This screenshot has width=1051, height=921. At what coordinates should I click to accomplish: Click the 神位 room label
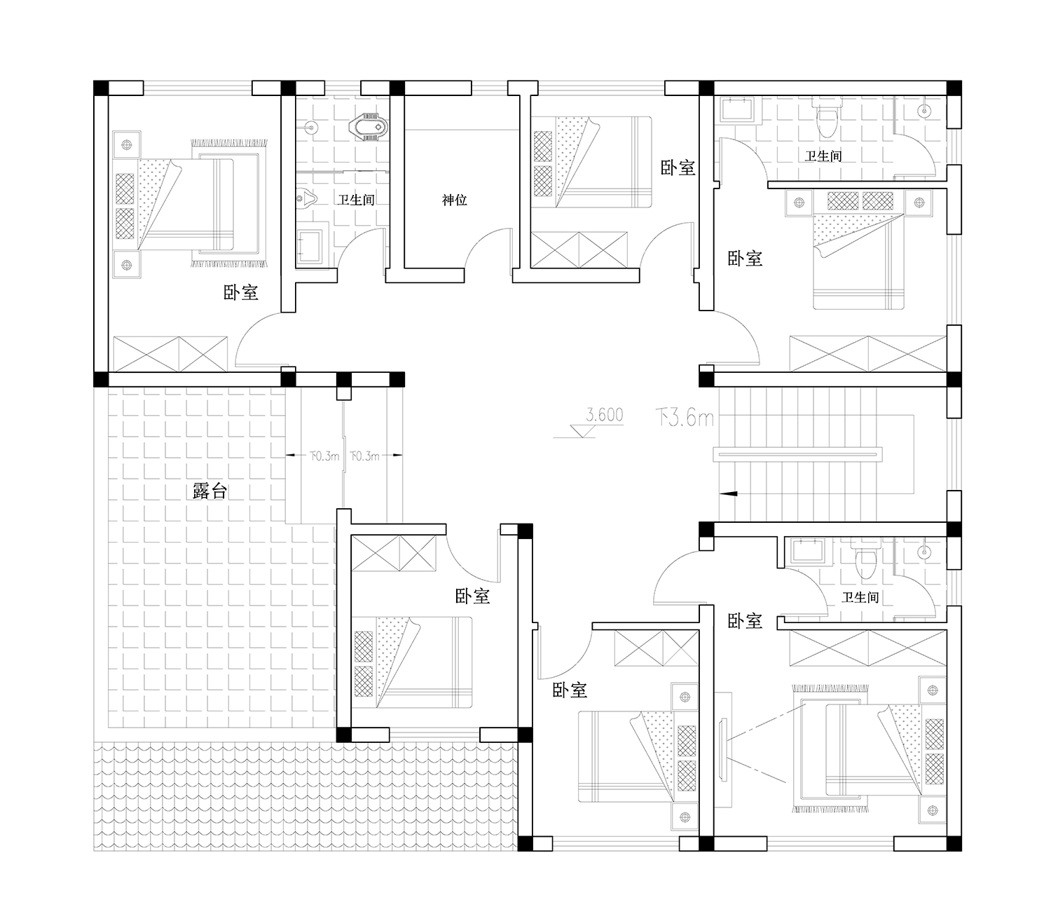pyautogui.click(x=455, y=200)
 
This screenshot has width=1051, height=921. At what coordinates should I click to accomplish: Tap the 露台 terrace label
pyautogui.click(x=210, y=491)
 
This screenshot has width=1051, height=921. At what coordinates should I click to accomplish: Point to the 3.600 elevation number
pyautogui.click(x=605, y=414)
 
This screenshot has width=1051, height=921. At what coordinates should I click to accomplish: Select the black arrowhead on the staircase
pyautogui.click(x=729, y=493)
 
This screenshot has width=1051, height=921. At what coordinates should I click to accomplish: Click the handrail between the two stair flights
pyautogui.click(x=797, y=454)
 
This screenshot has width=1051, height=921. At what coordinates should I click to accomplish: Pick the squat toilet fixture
pyautogui.click(x=369, y=127)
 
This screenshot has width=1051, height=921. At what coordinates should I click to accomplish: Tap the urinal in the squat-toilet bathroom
pyautogui.click(x=306, y=198)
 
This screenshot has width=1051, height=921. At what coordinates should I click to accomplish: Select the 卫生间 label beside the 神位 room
pyautogui.click(x=356, y=200)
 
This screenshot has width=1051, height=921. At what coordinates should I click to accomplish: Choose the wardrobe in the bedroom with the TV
pyautogui.click(x=868, y=648)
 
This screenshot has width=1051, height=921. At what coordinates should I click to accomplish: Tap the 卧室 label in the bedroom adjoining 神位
pyautogui.click(x=678, y=168)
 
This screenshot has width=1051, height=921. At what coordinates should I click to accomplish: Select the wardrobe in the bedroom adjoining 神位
pyautogui.click(x=579, y=250)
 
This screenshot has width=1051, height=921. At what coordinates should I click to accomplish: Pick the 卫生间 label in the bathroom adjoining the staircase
pyautogui.click(x=860, y=597)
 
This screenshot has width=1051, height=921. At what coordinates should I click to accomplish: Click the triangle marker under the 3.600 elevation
pyautogui.click(x=582, y=430)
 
